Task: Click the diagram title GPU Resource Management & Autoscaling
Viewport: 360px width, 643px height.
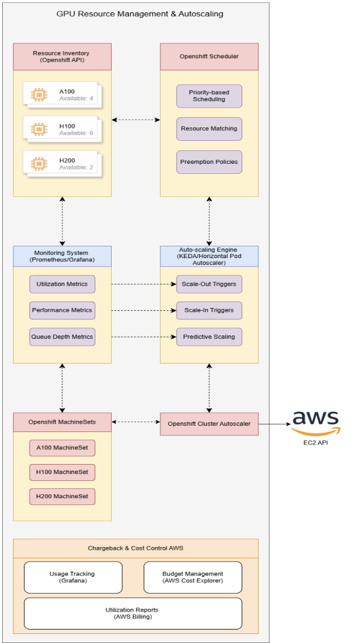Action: pyautogui.click(x=140, y=13)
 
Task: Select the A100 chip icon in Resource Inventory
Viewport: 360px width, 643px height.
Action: pyautogui.click(x=38, y=94)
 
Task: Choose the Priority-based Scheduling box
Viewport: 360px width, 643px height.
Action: pyautogui.click(x=209, y=95)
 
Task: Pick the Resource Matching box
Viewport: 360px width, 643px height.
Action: pyautogui.click(x=209, y=128)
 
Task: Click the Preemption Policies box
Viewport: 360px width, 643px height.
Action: pyautogui.click(x=209, y=162)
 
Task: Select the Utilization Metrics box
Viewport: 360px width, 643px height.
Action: pyautogui.click(x=62, y=284)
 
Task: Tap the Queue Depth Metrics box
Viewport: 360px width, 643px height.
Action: pyautogui.click(x=62, y=337)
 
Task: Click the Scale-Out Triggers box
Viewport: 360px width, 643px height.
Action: pyautogui.click(x=209, y=284)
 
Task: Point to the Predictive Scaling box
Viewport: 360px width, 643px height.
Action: pyautogui.click(x=209, y=337)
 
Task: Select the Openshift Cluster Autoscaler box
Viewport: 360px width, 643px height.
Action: pyautogui.click(x=209, y=424)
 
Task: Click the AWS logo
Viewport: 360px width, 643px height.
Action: pyautogui.click(x=316, y=422)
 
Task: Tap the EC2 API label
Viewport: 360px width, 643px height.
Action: pyautogui.click(x=316, y=443)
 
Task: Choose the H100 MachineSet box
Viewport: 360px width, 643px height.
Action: pyautogui.click(x=62, y=472)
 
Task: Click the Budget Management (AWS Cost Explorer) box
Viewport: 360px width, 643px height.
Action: pyautogui.click(x=193, y=577)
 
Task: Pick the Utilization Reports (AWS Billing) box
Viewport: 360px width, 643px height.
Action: pyautogui.click(x=132, y=613)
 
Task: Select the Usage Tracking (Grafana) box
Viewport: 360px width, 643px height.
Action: pyautogui.click(x=73, y=577)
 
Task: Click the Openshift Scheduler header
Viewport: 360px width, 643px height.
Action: pyautogui.click(x=209, y=57)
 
